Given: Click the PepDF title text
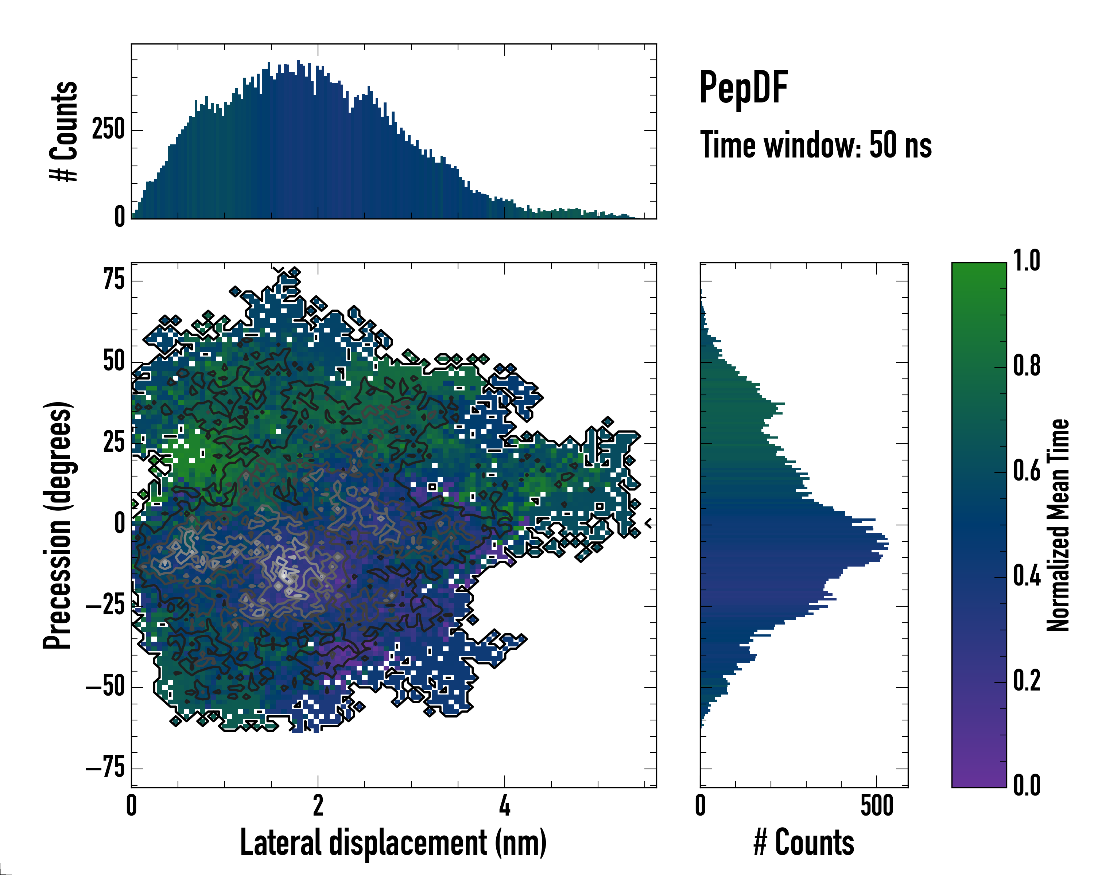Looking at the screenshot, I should click(x=743, y=88).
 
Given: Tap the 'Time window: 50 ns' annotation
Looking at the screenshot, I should click(x=815, y=145).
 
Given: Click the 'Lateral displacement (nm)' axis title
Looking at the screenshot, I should click(x=393, y=843).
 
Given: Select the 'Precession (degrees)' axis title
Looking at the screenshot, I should click(x=57, y=525).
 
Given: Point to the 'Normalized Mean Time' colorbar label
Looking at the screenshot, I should click(x=1058, y=525).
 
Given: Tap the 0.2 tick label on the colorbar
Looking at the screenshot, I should click(x=1027, y=681).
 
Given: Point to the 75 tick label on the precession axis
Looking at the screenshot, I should click(x=114, y=280).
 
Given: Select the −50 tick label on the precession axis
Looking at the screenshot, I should click(x=105, y=687).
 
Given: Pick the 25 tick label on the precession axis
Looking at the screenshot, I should click(x=114, y=442).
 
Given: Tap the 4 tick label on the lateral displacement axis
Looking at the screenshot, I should click(x=504, y=805).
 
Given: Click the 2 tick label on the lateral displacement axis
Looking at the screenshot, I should click(x=318, y=805).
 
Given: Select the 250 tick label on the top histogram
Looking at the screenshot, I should click(x=108, y=130).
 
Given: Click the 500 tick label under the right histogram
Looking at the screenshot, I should click(x=876, y=805).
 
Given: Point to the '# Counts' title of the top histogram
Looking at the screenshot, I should click(x=64, y=131).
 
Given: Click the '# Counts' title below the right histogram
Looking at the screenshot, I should click(x=804, y=843).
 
